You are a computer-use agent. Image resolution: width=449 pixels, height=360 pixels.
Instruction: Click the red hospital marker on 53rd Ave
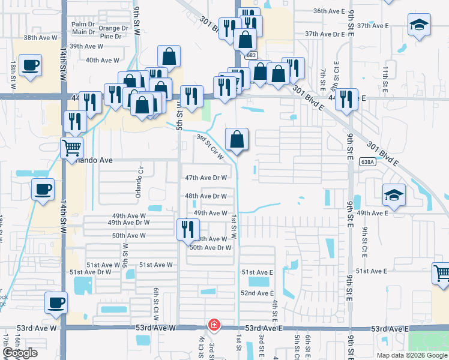click(x=213, y=325)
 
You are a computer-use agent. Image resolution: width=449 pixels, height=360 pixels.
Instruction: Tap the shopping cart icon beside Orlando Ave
click(x=71, y=146)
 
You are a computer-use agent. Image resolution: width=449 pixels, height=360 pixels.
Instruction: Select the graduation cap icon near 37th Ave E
click(x=419, y=26)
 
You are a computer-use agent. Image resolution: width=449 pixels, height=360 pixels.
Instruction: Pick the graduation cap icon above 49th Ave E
click(x=394, y=194)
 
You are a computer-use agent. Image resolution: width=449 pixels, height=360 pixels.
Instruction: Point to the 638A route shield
click(x=368, y=161)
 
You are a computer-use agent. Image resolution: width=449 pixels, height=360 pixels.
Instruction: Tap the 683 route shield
click(x=250, y=55)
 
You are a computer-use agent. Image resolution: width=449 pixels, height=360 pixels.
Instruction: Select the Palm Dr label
click(x=83, y=23)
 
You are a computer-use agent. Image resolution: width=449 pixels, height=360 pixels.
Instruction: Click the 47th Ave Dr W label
click(x=206, y=178)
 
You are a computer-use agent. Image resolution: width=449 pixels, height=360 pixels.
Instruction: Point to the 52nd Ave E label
click(x=257, y=293)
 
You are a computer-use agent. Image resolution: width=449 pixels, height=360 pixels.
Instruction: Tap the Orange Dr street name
click(x=113, y=28)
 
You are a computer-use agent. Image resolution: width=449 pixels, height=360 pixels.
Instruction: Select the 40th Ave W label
click(x=104, y=60)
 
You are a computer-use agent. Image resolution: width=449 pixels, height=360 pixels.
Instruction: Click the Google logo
click(x=20, y=353)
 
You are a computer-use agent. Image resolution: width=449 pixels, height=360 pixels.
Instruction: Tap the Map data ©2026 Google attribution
click(x=411, y=355)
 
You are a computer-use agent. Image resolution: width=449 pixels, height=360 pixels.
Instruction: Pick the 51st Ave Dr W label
click(x=91, y=272)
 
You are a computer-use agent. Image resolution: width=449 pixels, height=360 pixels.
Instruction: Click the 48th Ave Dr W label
click(x=206, y=196)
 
